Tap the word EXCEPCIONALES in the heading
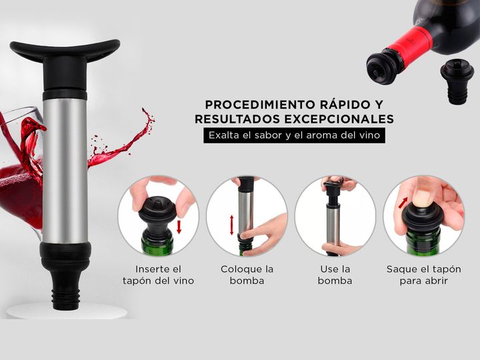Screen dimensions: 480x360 pos(339,119)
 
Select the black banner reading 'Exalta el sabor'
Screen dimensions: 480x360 pos(294,135)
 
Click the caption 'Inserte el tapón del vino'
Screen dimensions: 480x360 pos(158,275)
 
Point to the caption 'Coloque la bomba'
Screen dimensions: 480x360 pos(247,275)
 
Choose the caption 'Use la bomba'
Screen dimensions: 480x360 pos(335,275)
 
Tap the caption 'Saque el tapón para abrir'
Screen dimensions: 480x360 pos(424,275)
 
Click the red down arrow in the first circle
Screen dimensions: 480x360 pos(179,227)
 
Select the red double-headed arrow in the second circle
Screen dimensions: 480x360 pos(232,225)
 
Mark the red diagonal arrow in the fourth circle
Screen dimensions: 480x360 pos(403,203)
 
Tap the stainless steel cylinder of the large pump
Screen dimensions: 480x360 pos(65,171)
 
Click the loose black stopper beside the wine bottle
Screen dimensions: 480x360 pos(457,81)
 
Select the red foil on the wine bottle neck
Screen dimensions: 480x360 pos(411,43)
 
